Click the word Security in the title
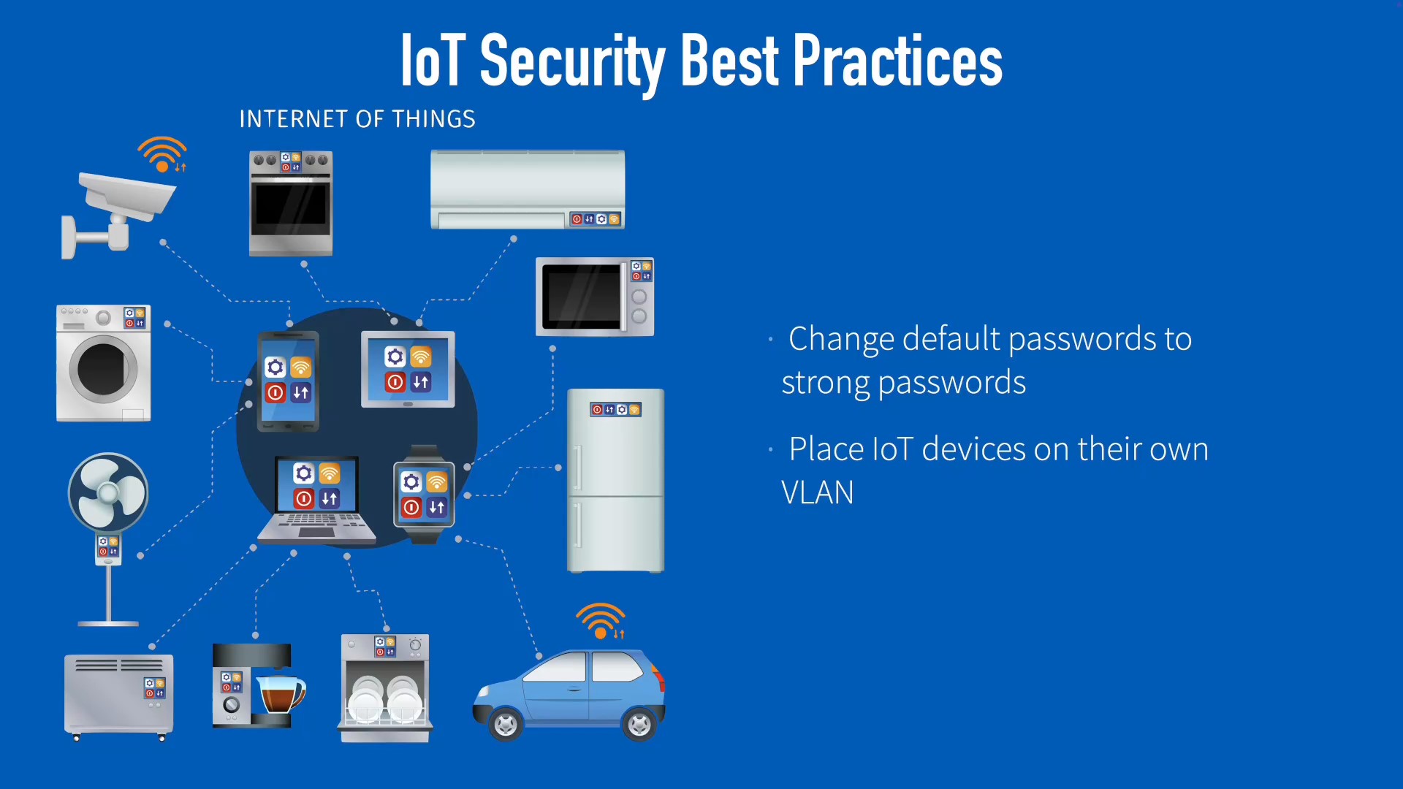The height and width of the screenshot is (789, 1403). (572, 62)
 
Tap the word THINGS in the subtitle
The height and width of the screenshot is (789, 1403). (434, 119)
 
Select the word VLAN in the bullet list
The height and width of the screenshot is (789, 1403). (818, 492)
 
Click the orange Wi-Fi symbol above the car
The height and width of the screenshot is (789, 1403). (601, 620)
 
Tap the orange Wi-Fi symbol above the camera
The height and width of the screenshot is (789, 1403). (162, 153)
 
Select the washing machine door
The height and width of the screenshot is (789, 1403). (103, 369)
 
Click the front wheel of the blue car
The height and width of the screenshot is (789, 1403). (505, 724)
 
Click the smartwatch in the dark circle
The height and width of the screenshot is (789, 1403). (424, 495)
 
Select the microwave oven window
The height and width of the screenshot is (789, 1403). (581, 297)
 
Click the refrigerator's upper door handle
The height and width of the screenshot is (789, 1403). (578, 468)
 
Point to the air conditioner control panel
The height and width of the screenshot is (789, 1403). (596, 219)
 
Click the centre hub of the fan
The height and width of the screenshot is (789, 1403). (108, 493)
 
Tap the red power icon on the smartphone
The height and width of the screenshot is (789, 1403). (275, 392)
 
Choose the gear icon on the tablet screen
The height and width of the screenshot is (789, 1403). (395, 357)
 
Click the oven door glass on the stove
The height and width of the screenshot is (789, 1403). (291, 204)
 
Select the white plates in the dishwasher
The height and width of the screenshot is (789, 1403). (385, 698)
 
